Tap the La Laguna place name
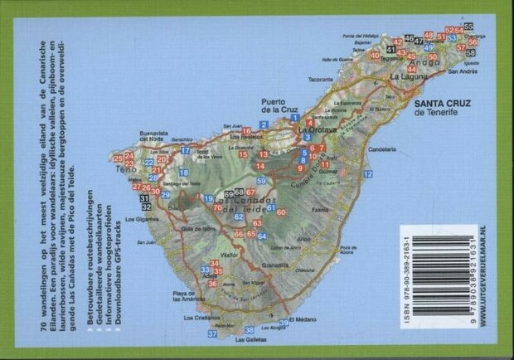coord(408,75)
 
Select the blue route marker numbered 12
coord(367,174)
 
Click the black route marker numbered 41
coord(390,50)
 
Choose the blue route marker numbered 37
coord(212,333)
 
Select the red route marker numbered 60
coord(281,212)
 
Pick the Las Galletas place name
coord(250,339)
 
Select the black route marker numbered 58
coord(471,52)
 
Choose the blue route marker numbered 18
coord(183,173)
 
